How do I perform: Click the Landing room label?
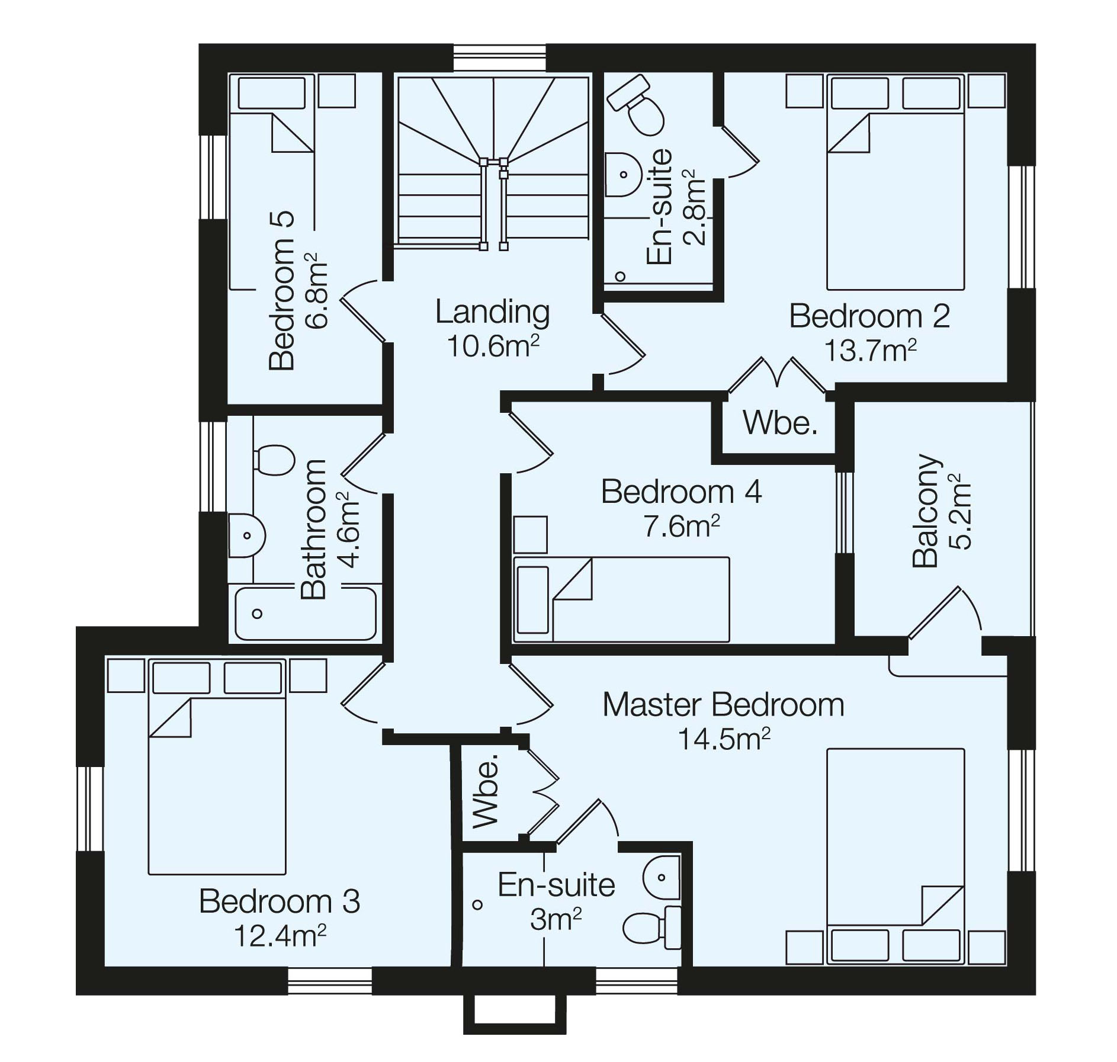point(492,312)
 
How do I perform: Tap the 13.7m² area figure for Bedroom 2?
point(870,351)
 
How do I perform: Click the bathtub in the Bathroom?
point(306,613)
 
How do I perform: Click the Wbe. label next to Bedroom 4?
point(780,423)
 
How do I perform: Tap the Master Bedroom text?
point(723,705)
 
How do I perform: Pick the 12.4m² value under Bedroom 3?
point(280,936)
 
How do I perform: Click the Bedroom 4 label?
point(681,492)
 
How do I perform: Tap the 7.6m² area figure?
point(682,525)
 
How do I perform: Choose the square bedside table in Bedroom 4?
point(530,534)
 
